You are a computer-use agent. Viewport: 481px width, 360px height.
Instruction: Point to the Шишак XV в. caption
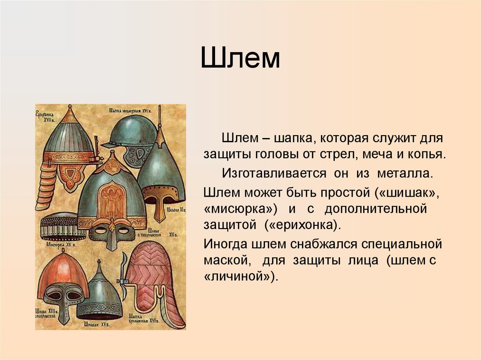point(97,323)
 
